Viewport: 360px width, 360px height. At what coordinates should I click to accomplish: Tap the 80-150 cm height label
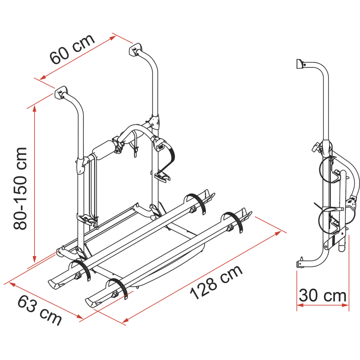pos(20,188)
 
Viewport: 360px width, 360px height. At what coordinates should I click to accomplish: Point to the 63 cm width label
pos(40,309)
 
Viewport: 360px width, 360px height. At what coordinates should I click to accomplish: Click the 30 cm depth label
pos(323,296)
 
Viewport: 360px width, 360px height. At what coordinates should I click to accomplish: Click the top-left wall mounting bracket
pos(61,93)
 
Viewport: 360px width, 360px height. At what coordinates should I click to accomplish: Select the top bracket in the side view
pos(300,64)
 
